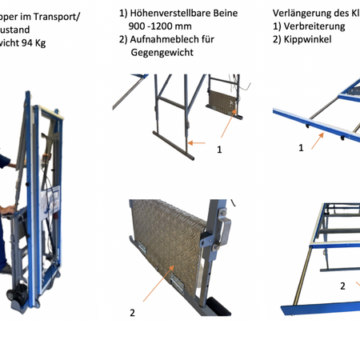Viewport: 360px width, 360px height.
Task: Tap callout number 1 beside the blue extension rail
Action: point(301,148)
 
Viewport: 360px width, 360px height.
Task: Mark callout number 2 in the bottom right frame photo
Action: point(342,285)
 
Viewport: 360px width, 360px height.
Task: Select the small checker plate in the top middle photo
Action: point(224,103)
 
